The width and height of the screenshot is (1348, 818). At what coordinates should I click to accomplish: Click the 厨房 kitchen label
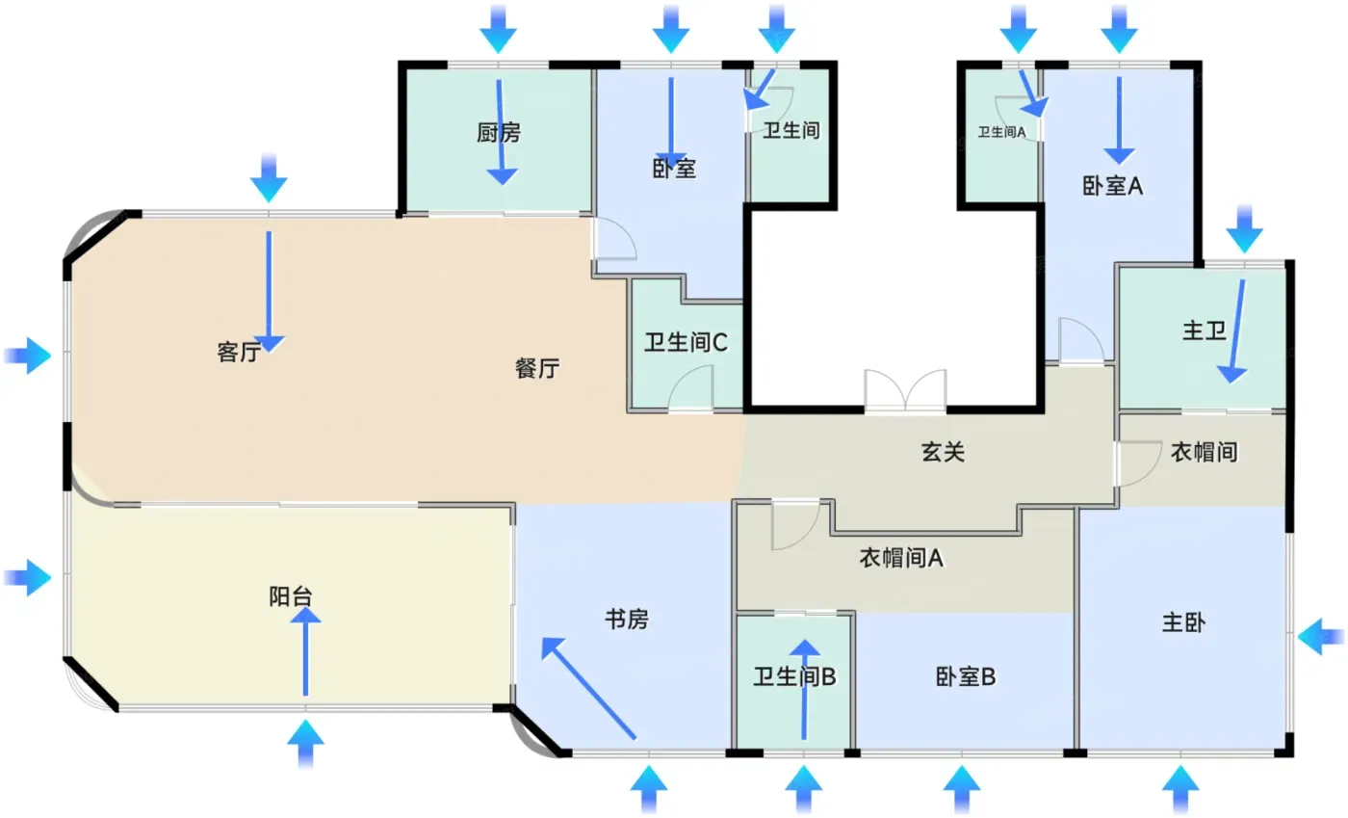click(499, 133)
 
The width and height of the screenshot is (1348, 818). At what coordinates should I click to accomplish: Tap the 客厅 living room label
click(239, 353)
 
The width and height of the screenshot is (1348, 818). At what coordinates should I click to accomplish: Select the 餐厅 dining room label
click(537, 368)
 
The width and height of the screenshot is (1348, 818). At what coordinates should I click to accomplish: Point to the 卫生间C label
click(686, 343)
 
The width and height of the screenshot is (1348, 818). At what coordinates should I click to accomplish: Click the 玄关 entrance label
click(943, 452)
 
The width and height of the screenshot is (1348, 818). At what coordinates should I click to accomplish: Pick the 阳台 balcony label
click(291, 596)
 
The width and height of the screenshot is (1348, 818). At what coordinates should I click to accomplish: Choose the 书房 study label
click(627, 620)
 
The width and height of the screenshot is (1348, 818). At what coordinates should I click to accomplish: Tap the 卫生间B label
click(794, 676)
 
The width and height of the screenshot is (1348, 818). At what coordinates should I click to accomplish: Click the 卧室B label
click(965, 677)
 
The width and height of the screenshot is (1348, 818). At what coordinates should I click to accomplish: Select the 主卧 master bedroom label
click(1183, 622)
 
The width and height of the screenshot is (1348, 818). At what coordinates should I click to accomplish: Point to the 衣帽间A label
click(901, 558)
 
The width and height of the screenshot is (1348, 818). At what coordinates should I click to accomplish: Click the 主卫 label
click(1205, 330)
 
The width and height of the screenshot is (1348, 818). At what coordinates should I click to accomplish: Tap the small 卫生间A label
click(1001, 132)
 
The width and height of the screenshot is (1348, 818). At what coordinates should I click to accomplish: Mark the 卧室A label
click(1112, 186)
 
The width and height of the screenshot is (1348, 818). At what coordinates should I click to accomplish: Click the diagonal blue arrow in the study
click(588, 688)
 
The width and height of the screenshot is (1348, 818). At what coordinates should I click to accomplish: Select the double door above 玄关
click(905, 390)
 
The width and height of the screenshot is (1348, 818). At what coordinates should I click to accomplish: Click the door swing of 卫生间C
click(690, 388)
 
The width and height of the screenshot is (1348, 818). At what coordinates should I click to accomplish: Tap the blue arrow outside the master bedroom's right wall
click(1321, 636)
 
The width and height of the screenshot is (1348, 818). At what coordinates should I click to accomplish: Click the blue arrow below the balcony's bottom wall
click(306, 744)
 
